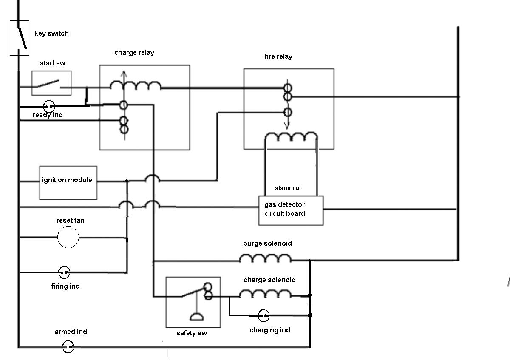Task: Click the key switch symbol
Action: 20,38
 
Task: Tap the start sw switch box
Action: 51,83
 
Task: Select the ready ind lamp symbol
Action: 49,106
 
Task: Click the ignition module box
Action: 68,182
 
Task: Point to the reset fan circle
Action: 68,237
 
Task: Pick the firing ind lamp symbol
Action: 64,272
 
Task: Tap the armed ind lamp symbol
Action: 68,347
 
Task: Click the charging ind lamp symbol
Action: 263,315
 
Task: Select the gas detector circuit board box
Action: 291,210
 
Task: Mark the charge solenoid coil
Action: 265,294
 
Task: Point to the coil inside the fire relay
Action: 291,137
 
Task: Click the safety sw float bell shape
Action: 196,317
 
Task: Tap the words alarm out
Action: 288,188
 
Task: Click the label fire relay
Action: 278,56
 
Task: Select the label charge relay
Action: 134,52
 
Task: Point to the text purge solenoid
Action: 267,244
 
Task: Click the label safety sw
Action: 192,333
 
